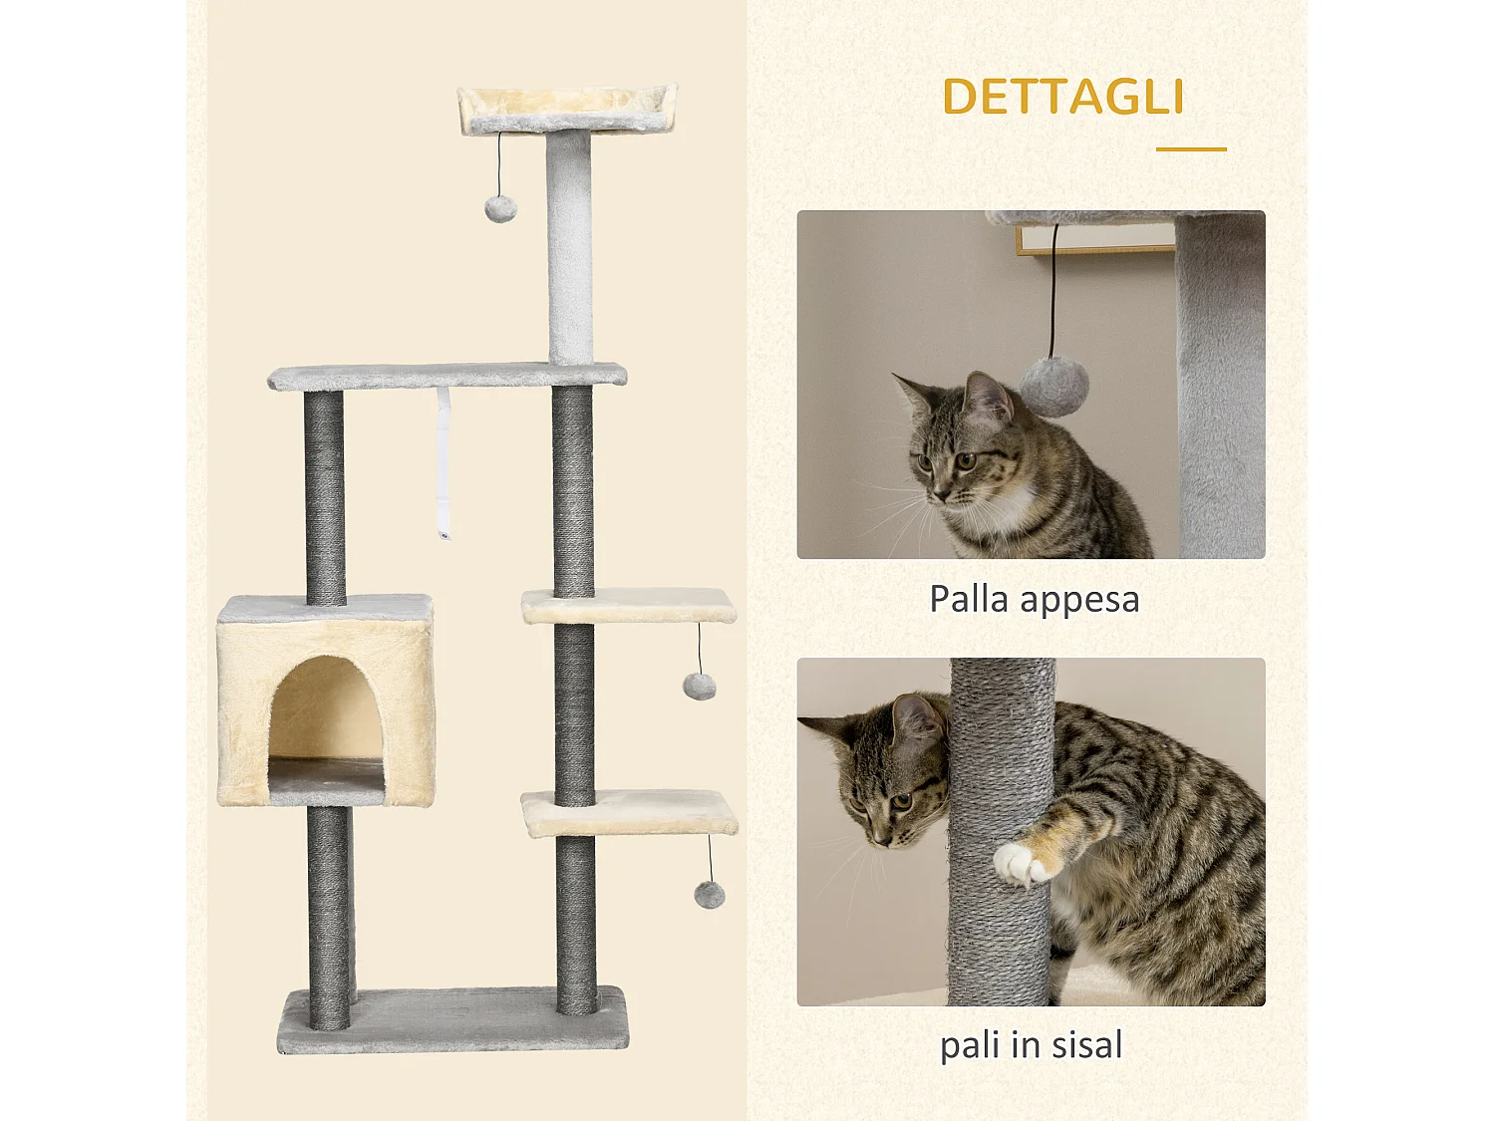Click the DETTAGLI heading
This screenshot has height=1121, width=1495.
coord(1062,98)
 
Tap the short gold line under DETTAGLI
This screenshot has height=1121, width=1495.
coord(1191,149)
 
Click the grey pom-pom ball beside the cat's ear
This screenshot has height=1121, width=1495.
coord(1053,387)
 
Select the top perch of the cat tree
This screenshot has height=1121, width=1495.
coord(566,109)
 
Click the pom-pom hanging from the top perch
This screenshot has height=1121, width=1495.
coord(500,208)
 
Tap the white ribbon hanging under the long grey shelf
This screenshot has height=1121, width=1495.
coord(443,463)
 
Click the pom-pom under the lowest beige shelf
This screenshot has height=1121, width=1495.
coord(710,894)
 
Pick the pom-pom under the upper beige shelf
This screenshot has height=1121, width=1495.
coord(699,686)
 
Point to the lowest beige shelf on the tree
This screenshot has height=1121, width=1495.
coord(630,812)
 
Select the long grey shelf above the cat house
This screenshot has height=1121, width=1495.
coord(447,376)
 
